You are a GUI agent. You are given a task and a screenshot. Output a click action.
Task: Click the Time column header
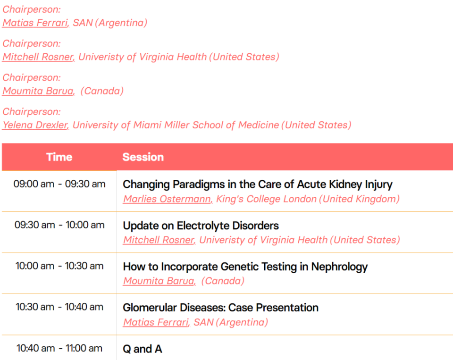[x=59, y=157]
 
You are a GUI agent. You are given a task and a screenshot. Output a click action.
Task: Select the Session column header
[x=143, y=157]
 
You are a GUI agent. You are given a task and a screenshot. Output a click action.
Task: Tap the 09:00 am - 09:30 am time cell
[x=59, y=184]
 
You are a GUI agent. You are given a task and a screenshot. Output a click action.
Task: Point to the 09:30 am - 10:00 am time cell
[x=59, y=225]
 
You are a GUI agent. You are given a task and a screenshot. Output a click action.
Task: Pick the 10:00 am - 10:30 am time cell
[x=59, y=266]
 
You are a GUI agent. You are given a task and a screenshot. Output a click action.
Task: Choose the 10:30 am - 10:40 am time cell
[x=59, y=307]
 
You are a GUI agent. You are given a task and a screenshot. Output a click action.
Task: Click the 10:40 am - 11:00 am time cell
[x=59, y=348]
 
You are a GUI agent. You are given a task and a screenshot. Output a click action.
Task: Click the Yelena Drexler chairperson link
[x=35, y=125]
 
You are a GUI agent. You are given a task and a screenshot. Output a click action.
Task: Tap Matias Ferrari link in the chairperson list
[x=36, y=23]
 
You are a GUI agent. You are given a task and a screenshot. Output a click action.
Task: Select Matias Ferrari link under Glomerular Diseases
[x=157, y=322]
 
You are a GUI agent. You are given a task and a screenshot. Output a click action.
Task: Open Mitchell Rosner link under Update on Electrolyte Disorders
[x=159, y=240]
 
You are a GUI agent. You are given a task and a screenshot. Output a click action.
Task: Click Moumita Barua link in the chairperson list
[x=39, y=91]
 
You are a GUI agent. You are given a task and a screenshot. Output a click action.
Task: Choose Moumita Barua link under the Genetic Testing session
[x=159, y=281]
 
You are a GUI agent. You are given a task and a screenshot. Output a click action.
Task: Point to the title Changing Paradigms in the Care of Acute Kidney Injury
[x=258, y=184]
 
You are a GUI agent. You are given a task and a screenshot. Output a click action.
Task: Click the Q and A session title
[x=143, y=349]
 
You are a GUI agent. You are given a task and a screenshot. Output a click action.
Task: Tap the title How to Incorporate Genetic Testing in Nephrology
[x=245, y=267]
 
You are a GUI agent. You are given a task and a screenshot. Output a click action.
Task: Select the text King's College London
[x=266, y=199]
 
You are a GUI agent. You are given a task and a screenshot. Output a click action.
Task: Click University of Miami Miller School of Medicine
[x=176, y=125]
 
